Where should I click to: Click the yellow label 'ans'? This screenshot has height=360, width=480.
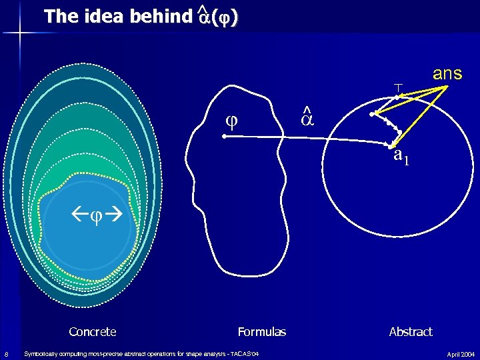(x=447, y=73)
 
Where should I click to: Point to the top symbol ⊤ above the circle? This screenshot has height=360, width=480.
(x=397, y=87)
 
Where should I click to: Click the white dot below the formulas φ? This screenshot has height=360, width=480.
(x=225, y=136)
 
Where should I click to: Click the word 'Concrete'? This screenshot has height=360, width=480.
(x=92, y=332)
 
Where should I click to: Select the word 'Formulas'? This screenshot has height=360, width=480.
(x=261, y=332)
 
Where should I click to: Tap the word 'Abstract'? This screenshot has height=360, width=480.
(x=411, y=332)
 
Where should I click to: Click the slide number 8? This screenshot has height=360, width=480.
(x=6, y=353)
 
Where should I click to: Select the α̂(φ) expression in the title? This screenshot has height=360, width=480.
(x=217, y=17)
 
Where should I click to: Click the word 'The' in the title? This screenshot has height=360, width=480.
(x=57, y=17)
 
